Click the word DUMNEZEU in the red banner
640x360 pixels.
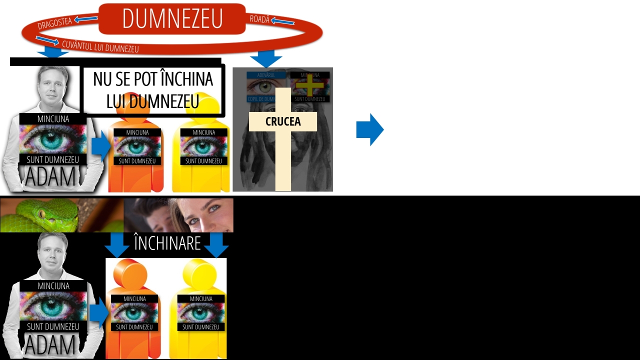[172, 19]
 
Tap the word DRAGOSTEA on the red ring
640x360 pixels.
[54, 23]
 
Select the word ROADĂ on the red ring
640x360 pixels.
[259, 19]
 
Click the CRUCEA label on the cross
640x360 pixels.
[283, 121]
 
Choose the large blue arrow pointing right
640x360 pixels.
[369, 129]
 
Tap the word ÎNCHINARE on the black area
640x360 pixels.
[167, 243]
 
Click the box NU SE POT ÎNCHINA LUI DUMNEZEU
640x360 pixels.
[153, 90]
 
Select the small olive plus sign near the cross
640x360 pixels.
[310, 85]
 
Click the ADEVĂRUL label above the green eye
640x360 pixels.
[266, 75]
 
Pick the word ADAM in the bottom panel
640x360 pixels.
[50, 345]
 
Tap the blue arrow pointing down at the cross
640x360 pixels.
[266, 58]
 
